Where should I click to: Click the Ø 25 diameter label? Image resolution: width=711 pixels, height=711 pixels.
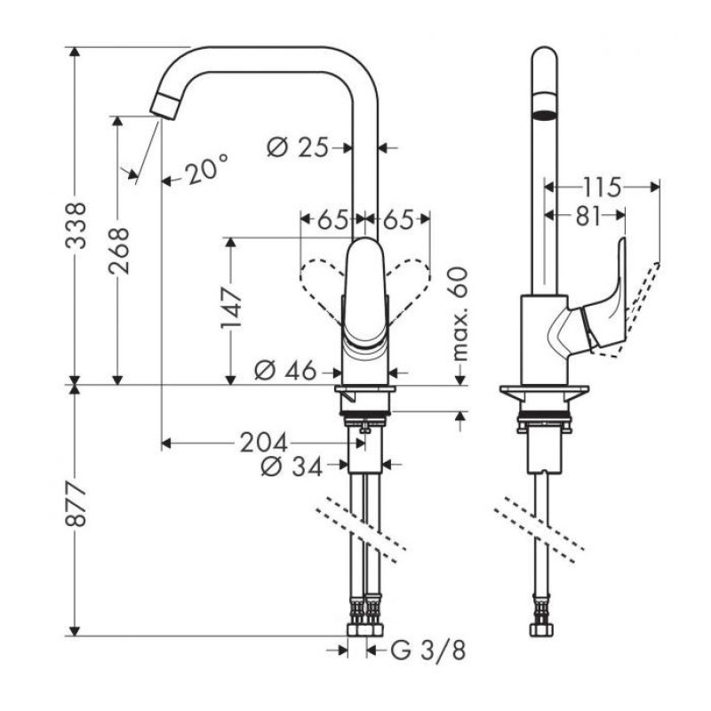(x=298, y=148)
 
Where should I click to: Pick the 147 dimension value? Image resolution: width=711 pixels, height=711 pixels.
(x=232, y=309)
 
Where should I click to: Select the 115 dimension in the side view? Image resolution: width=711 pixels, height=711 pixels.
(x=601, y=187)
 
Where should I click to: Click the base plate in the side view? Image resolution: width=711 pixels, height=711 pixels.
(x=542, y=391)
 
